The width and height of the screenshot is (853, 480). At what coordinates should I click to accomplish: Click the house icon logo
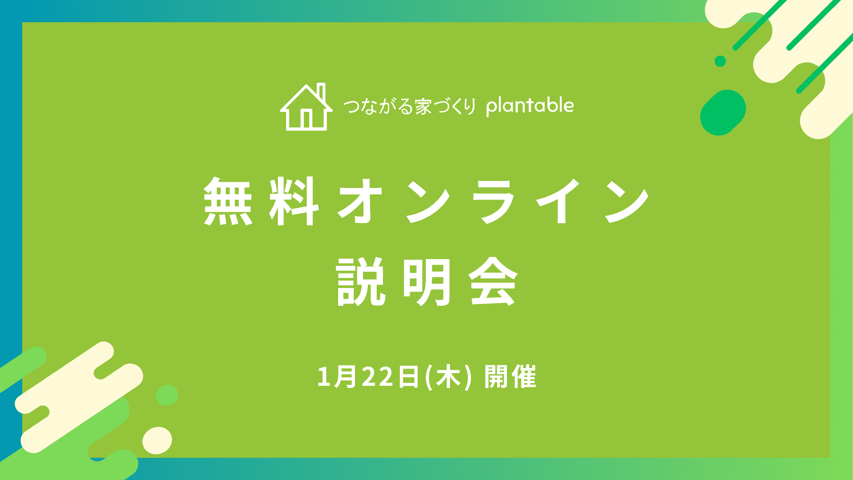(306, 107)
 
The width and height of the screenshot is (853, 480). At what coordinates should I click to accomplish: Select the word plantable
(530, 106)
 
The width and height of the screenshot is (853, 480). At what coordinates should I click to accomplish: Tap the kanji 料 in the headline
(294, 201)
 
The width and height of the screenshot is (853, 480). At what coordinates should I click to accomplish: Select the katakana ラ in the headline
(493, 201)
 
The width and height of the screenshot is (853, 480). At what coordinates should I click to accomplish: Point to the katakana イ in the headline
(559, 201)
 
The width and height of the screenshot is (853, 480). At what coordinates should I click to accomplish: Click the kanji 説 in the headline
(360, 282)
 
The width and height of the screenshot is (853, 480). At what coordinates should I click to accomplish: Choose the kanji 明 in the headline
(426, 282)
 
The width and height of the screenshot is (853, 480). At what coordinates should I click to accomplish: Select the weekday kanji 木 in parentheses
(448, 377)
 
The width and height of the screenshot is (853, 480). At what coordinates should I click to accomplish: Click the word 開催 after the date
(510, 377)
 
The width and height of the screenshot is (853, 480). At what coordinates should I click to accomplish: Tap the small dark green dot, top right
(720, 61)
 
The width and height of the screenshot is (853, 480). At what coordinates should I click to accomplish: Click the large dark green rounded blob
(723, 112)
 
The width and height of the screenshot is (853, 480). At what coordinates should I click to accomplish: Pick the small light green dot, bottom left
(167, 395)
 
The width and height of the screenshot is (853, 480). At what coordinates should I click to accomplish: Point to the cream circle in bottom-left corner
(157, 440)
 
